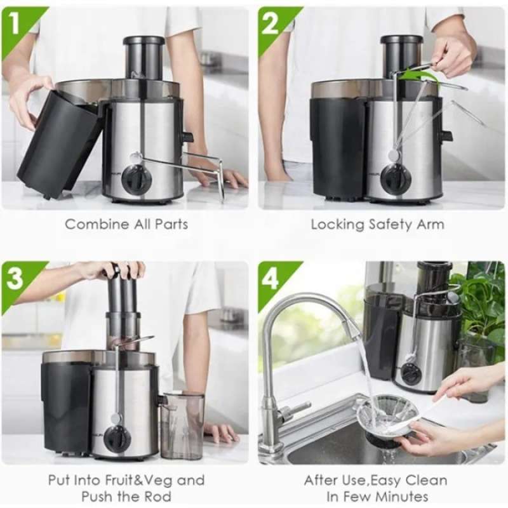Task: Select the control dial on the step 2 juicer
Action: tap(395, 180)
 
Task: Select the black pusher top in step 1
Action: tap(144, 41)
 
